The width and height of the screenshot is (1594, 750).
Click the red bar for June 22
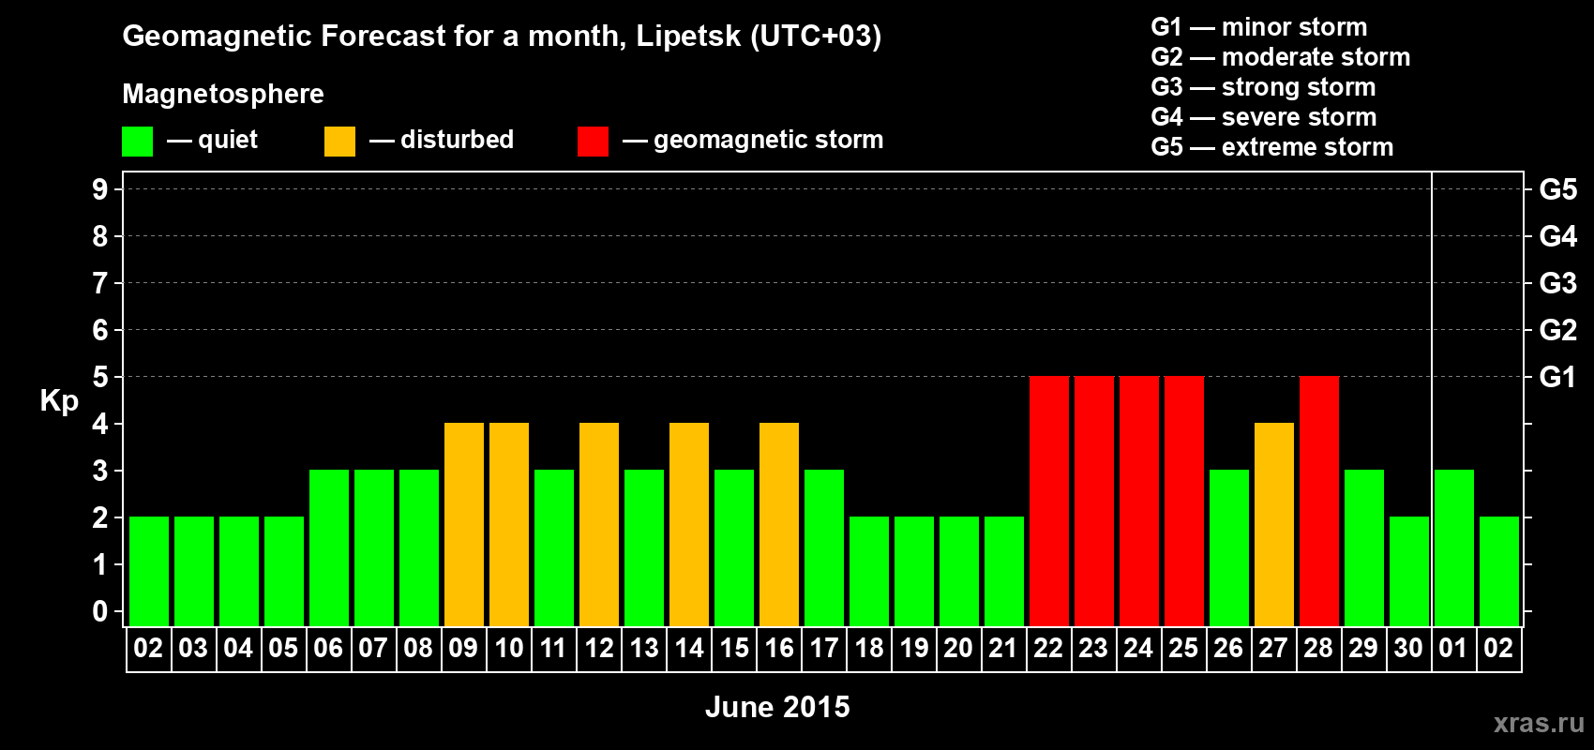point(1048,501)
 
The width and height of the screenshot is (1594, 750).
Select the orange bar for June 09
point(463,524)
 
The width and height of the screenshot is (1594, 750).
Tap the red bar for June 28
point(1318,501)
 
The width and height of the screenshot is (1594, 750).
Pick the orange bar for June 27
point(1273,524)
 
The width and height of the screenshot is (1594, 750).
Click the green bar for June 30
point(1408,571)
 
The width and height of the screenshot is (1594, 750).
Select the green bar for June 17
point(823,547)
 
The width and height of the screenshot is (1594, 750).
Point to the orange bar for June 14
point(688,524)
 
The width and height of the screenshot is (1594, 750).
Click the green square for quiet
point(137,142)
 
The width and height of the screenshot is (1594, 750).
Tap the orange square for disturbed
point(339,142)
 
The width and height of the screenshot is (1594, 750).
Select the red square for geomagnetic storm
point(593,142)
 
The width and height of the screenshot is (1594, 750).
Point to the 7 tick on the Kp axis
point(100,283)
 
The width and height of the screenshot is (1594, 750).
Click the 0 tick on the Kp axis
point(100,611)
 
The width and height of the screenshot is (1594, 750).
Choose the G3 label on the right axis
point(1557,283)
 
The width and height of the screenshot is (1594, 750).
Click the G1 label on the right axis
point(1557,377)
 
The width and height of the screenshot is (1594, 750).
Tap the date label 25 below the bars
point(1183,648)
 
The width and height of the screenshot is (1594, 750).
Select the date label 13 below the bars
point(643,648)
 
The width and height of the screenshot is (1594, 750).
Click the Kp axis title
point(59,400)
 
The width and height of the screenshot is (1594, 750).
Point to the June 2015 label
point(777,707)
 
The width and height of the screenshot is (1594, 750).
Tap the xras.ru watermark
point(1538,723)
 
